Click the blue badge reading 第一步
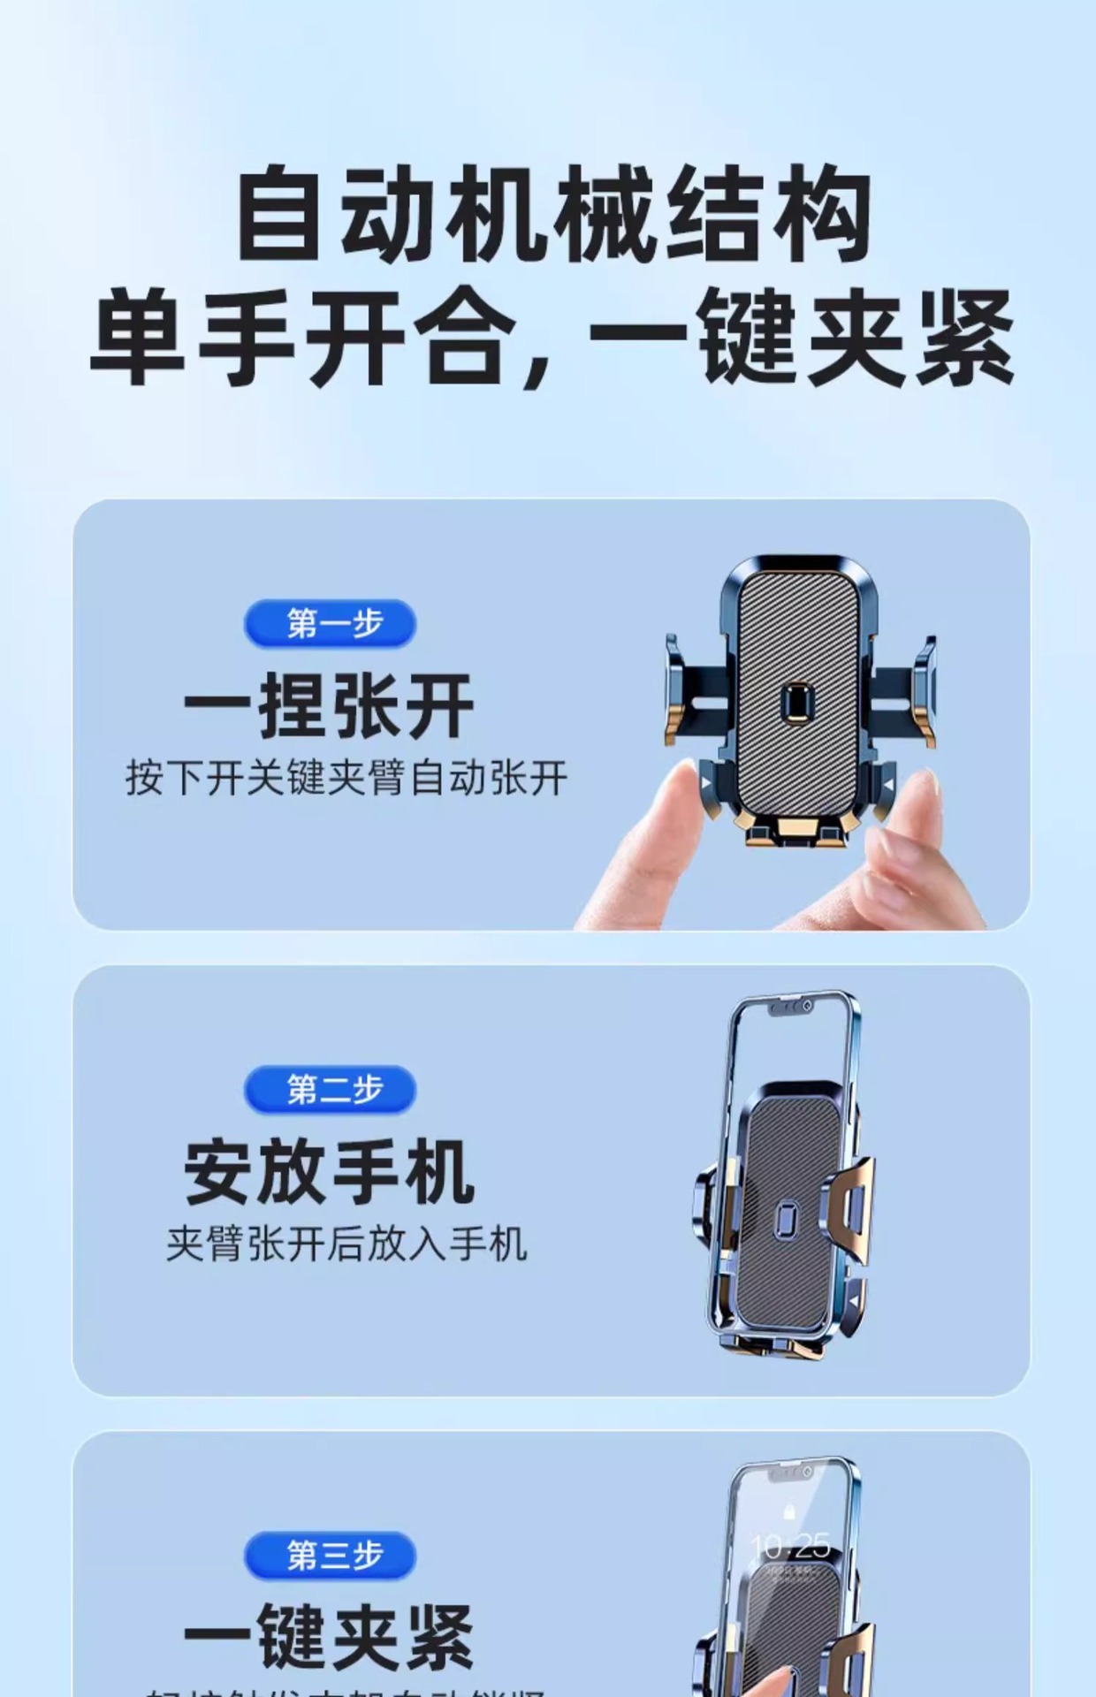(330, 624)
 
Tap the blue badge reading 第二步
(330, 1090)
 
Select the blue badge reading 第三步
(330, 1556)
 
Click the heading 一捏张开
(329, 706)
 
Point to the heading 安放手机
(329, 1173)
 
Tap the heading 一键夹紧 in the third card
(329, 1637)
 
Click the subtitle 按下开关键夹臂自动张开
(346, 778)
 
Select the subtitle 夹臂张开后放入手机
(346, 1244)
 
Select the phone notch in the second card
(791, 1008)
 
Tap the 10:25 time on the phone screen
(790, 1546)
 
